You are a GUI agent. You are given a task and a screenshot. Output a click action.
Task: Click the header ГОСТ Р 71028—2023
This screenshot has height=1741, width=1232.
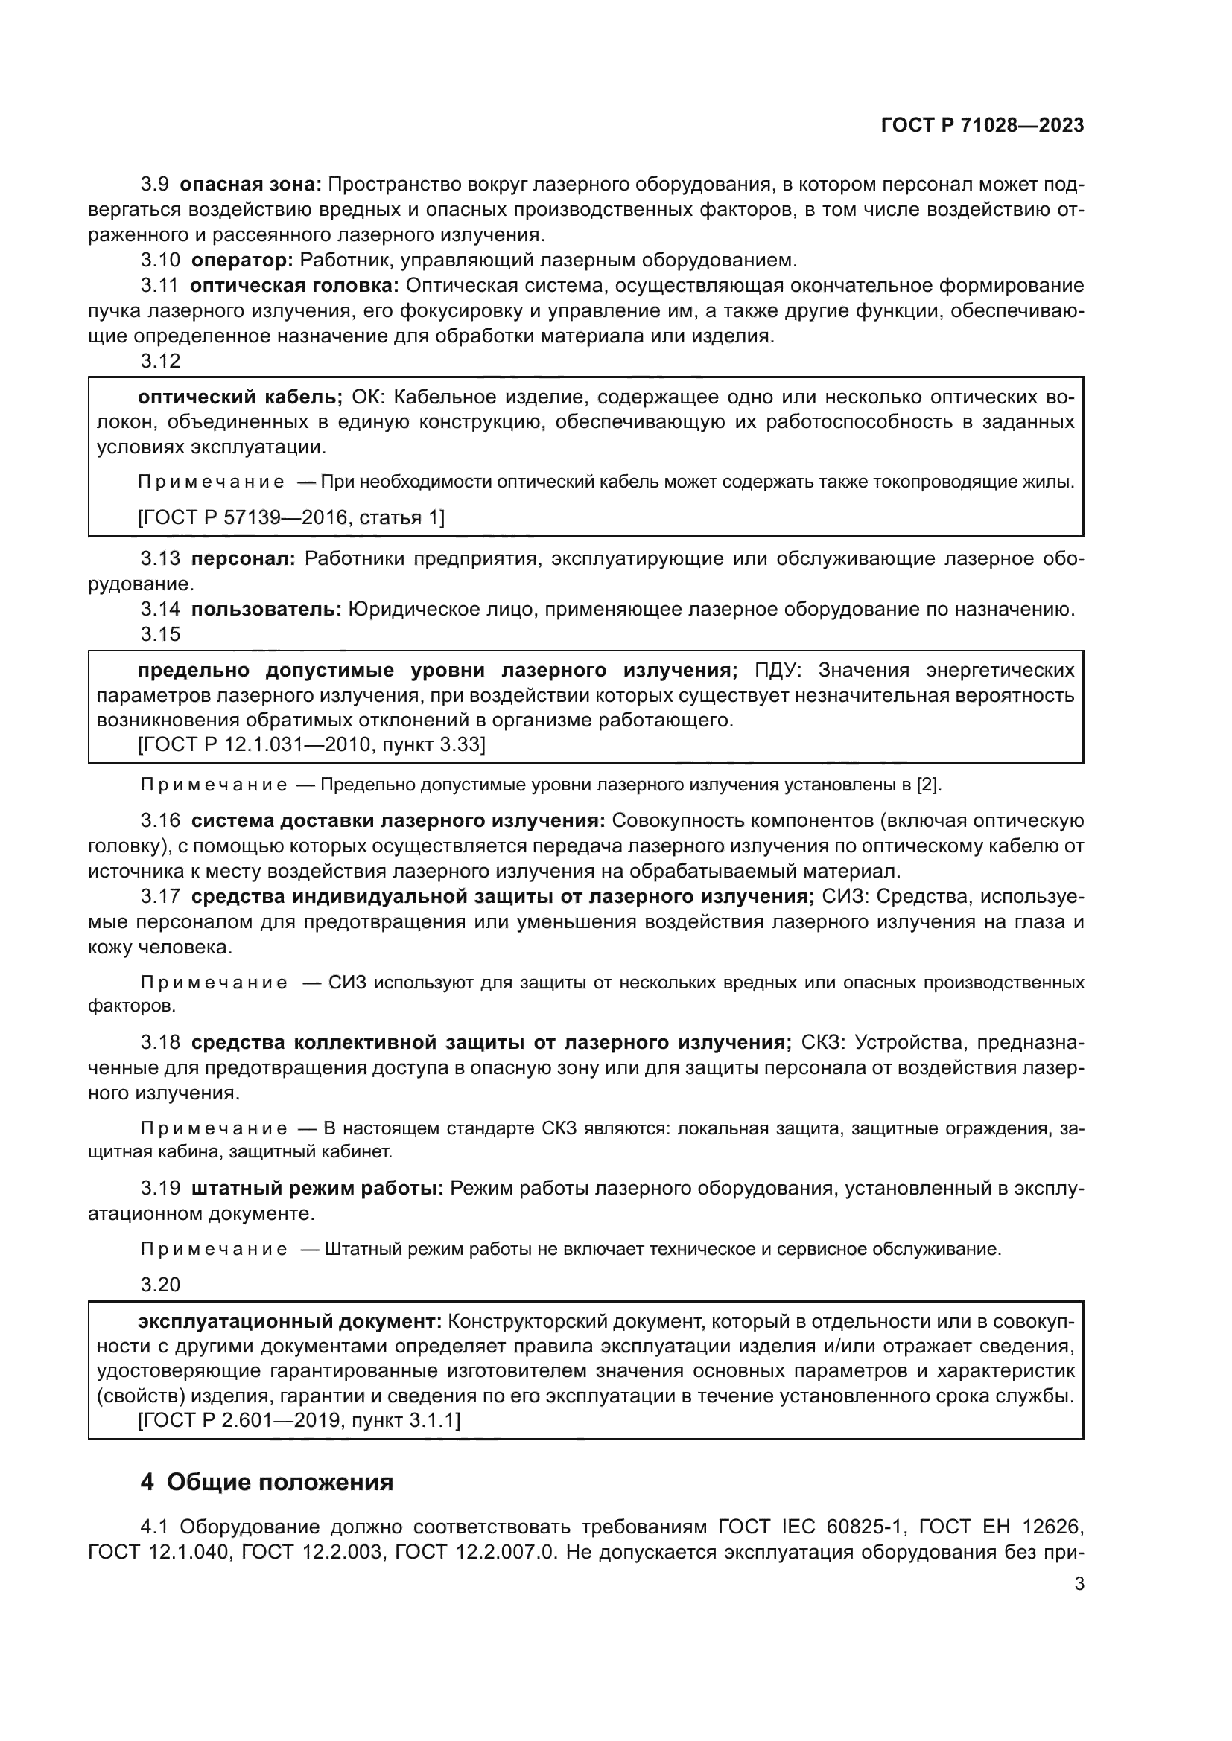[x=982, y=126]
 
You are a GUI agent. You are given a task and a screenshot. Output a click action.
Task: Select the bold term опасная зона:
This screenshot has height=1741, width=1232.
[x=251, y=185]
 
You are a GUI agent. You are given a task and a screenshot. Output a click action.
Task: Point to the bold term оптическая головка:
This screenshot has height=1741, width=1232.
[x=294, y=286]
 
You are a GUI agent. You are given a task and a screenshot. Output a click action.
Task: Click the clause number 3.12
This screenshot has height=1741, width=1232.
[x=161, y=361]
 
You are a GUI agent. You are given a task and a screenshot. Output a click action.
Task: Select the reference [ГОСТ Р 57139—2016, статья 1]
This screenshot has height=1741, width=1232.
[x=291, y=517]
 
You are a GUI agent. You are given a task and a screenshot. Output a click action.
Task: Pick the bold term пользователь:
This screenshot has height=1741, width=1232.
[x=266, y=609]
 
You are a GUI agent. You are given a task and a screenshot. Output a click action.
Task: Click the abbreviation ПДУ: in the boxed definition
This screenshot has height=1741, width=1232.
[x=784, y=671]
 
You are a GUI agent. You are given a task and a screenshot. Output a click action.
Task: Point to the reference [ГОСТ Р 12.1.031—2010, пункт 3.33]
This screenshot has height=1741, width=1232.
[x=311, y=744]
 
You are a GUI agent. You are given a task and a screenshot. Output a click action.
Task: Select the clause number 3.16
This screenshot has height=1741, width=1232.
[x=161, y=820]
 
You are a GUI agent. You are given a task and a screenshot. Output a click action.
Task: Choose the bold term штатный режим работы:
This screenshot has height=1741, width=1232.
[x=317, y=1188]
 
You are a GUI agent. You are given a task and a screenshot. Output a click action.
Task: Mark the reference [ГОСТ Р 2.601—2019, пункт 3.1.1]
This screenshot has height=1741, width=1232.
[x=299, y=1419]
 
